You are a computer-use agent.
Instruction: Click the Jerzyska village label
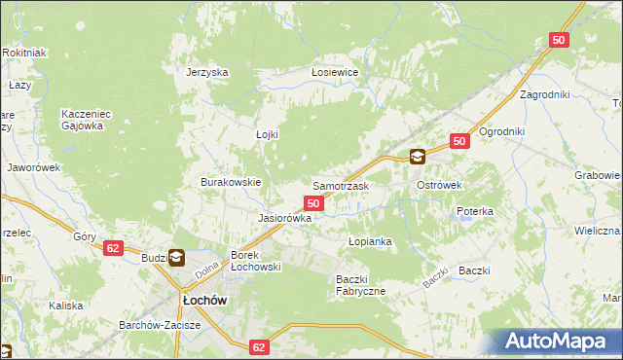tap(206, 72)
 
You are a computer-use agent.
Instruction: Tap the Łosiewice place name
tap(335, 72)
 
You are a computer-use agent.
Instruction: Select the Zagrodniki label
tap(544, 94)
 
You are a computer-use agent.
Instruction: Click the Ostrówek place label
tap(439, 185)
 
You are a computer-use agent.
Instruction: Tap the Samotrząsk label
tap(340, 185)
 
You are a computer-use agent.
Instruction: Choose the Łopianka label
tap(370, 240)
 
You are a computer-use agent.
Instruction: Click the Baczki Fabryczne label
tap(361, 285)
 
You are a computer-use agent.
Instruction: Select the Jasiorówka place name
tap(284, 219)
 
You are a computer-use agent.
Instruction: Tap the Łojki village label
tap(267, 134)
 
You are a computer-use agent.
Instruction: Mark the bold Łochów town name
tap(201, 301)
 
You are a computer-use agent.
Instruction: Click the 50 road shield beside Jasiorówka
tap(313, 202)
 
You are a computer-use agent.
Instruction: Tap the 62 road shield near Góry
tap(114, 248)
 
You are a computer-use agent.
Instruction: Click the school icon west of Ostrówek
tap(418, 156)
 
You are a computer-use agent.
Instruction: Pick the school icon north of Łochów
tap(177, 258)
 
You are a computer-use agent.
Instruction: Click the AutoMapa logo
tap(561, 342)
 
